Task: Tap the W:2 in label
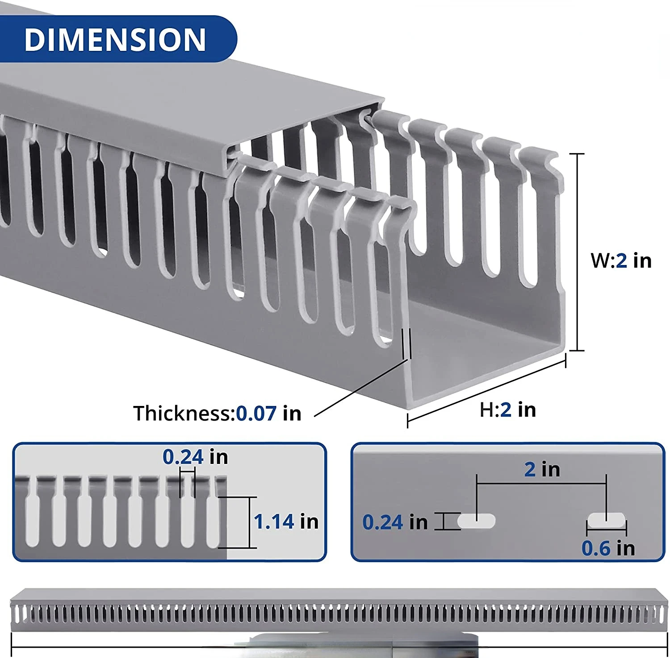(x=621, y=261)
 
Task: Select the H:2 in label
(x=508, y=410)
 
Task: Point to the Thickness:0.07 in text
(x=218, y=413)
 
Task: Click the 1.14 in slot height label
(x=286, y=521)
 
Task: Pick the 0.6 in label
(x=608, y=548)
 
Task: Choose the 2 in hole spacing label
(x=542, y=469)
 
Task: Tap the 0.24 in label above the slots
(x=195, y=457)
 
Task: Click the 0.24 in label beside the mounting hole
(x=395, y=522)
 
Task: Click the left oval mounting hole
(x=477, y=521)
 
